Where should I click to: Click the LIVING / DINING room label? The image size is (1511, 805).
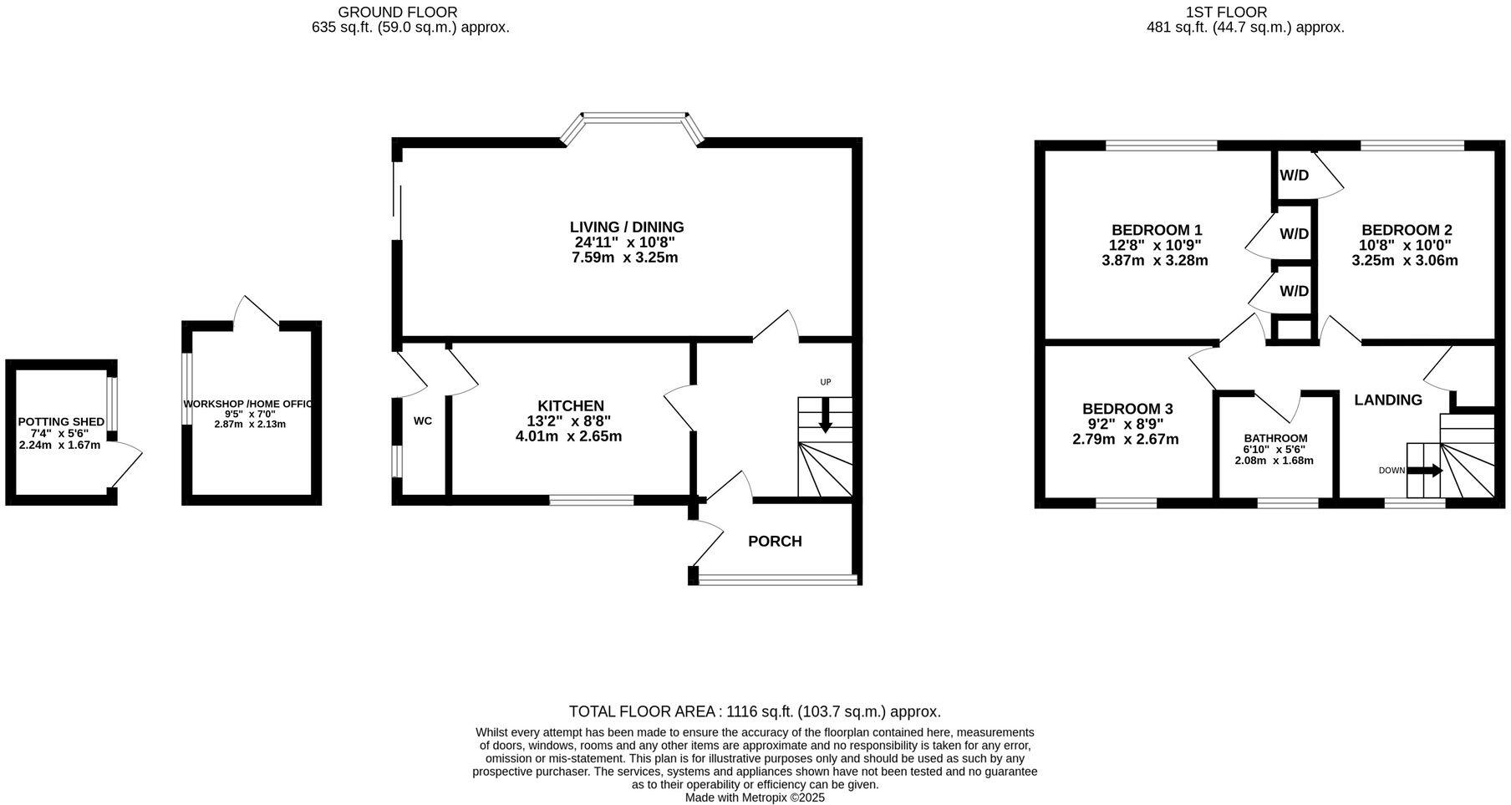point(627,227)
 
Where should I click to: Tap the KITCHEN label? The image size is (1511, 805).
point(570,406)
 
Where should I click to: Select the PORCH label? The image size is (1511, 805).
point(775,542)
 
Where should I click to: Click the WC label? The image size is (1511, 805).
point(423,421)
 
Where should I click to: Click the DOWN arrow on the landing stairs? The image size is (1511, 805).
point(1427,471)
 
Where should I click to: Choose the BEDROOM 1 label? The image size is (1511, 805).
point(1157,230)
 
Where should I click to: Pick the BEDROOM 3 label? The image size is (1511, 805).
point(1127,409)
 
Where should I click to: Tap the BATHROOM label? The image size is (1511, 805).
point(1275,438)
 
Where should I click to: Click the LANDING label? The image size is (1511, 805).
point(1387,400)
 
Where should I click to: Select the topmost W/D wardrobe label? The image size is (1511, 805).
point(1294,176)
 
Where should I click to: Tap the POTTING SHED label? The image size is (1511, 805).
point(61,422)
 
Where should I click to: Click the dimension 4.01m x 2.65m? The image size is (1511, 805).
point(568,436)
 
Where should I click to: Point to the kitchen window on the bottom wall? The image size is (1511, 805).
point(591,500)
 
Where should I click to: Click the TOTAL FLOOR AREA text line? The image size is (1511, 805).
point(755,712)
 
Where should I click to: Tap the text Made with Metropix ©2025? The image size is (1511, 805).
point(755,797)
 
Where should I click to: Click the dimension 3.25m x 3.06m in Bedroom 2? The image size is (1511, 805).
point(1405,260)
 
